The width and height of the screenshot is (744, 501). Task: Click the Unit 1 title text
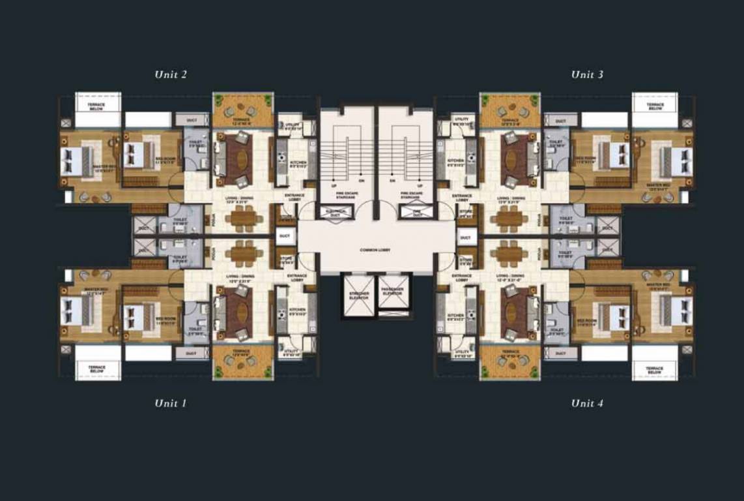(x=171, y=403)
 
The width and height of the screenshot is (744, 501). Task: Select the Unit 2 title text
(x=171, y=74)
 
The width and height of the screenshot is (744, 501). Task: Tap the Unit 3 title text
(x=587, y=74)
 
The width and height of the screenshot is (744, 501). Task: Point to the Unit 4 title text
(x=587, y=403)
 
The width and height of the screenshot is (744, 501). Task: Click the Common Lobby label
(x=376, y=250)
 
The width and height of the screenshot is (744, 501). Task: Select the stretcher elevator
(x=358, y=296)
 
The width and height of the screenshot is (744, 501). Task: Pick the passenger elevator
(x=393, y=296)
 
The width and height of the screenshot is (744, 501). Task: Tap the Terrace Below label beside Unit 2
(x=98, y=106)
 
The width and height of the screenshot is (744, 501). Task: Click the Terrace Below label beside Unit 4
(x=655, y=369)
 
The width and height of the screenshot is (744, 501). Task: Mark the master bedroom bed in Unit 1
(x=78, y=311)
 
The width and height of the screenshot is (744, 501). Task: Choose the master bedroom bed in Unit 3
(x=675, y=162)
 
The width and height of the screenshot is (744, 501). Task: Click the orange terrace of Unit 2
(x=243, y=110)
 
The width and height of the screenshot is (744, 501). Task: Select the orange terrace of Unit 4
(x=510, y=361)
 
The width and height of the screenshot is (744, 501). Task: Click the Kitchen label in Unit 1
(x=297, y=310)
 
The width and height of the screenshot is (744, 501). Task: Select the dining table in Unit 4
(x=509, y=251)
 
